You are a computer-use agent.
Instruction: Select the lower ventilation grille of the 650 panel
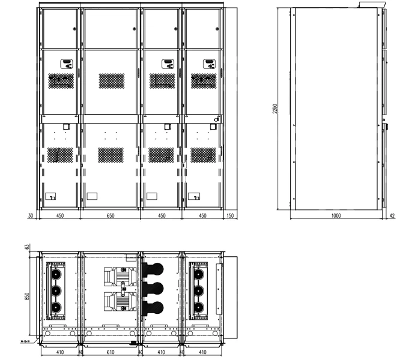111,154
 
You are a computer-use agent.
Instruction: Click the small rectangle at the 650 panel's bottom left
92,196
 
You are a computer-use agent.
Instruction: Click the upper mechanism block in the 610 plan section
119,275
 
